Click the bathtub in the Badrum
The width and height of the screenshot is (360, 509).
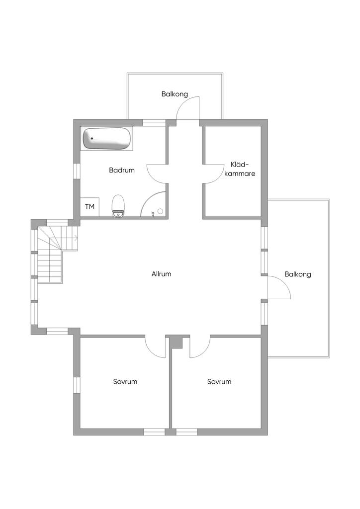107,139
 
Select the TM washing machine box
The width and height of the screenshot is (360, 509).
90,207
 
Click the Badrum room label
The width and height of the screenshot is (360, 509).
122,170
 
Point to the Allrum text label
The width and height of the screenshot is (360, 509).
161,274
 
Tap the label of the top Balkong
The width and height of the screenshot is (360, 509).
175,94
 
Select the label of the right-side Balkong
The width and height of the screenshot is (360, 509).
298,274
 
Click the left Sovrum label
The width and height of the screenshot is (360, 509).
125,381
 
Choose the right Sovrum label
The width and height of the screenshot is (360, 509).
219,381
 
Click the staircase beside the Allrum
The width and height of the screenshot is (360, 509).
55,253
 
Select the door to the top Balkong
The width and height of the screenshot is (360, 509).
187,108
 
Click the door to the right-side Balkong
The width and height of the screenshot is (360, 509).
279,287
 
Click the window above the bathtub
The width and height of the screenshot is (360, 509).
154,123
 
